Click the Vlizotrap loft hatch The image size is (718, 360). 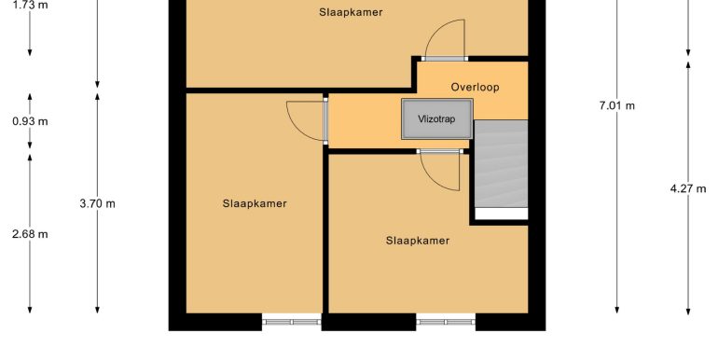coord(436,119)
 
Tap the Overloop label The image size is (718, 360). coord(475,87)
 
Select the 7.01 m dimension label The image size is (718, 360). coord(616,105)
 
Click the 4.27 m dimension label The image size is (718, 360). coord(688,188)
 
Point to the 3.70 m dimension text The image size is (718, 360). coord(97,203)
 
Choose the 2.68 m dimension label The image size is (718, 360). coord(30,234)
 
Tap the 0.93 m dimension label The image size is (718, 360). coord(30,121)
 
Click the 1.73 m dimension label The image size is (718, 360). coord(30,6)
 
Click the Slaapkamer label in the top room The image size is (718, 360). coord(351,12)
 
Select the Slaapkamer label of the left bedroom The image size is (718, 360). coord(255,203)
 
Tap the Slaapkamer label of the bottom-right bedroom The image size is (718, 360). coord(418,241)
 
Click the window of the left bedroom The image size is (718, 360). coord(292,322)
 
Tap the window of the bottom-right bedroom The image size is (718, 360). coord(446,322)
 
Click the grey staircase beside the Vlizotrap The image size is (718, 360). coord(501,164)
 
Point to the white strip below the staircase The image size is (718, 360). coord(501,214)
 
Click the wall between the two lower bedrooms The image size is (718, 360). coord(325,233)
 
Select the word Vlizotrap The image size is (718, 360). coord(436,119)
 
